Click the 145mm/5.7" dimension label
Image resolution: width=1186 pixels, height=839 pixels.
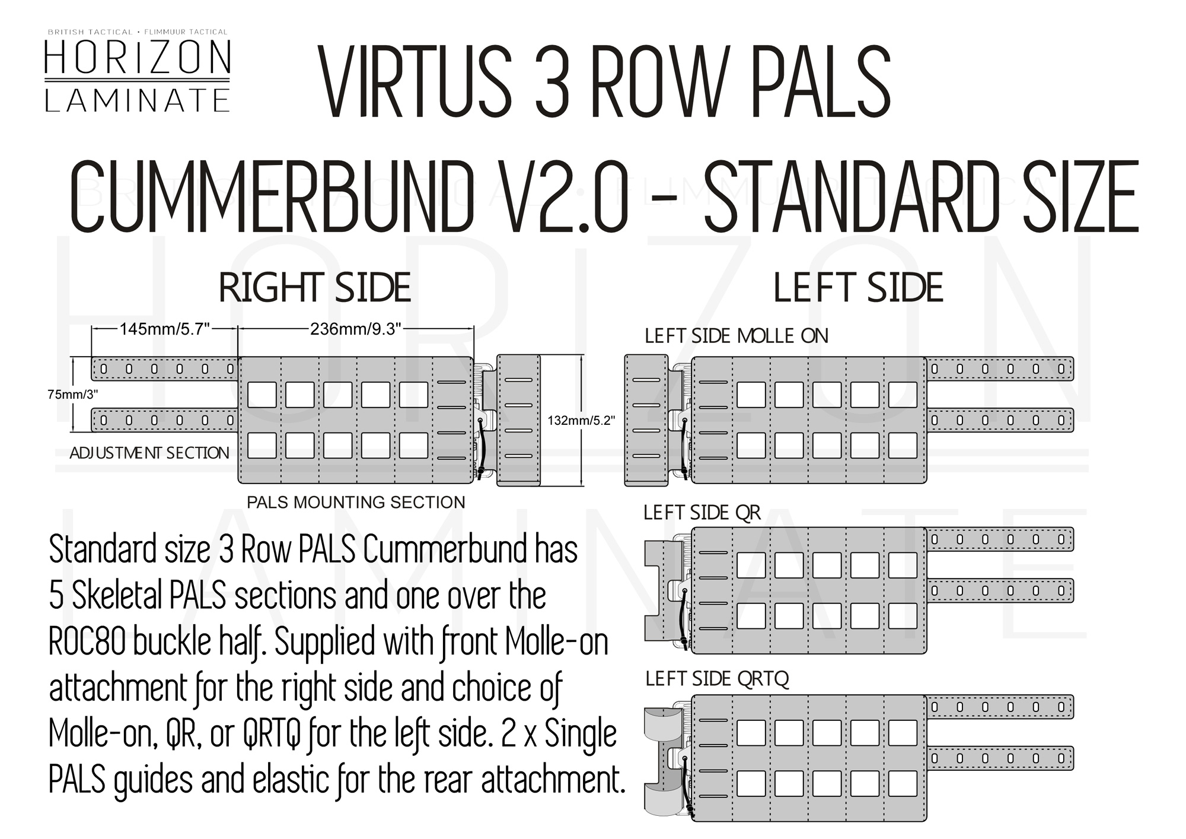click(x=165, y=328)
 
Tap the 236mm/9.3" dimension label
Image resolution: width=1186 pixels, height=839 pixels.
click(x=356, y=328)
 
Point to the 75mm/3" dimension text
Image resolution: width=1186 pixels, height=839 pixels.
click(x=72, y=394)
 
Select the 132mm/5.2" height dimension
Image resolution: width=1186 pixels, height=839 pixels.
click(x=581, y=420)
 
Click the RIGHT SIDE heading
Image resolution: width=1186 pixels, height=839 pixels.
click(x=315, y=288)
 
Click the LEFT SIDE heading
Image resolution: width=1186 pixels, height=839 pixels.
click(x=858, y=288)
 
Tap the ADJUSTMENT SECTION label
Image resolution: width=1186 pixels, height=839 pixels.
click(x=149, y=453)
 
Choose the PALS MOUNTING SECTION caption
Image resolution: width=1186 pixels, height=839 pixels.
click(x=356, y=503)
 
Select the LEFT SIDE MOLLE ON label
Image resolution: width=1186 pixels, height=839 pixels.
click(x=736, y=336)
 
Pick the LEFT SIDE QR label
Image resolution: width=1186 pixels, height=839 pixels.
click(x=702, y=513)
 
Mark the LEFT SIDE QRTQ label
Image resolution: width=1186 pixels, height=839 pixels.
click(x=717, y=678)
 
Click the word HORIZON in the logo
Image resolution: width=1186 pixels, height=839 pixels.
click(x=137, y=58)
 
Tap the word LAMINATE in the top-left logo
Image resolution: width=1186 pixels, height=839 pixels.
click(x=137, y=100)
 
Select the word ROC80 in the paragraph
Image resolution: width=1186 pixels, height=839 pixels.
click(x=87, y=642)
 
